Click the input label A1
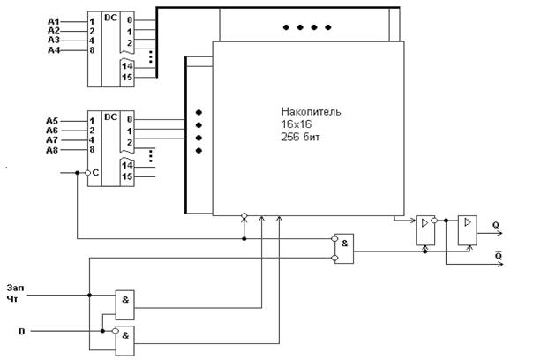(53, 22)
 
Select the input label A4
(54, 50)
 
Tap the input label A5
(52, 121)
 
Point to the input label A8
(52, 150)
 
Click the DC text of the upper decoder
(110, 18)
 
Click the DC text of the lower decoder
(110, 117)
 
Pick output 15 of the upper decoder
(127, 77)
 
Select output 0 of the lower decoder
(130, 120)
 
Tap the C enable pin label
(95, 173)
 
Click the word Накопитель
(311, 111)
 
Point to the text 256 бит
(300, 137)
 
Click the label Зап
(16, 288)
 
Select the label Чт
(12, 299)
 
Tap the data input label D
(22, 331)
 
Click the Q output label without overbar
(496, 225)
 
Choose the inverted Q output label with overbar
(499, 255)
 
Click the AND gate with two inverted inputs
(343, 249)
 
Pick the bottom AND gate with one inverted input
(125, 341)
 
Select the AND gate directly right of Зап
(125, 305)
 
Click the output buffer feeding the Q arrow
(468, 230)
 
